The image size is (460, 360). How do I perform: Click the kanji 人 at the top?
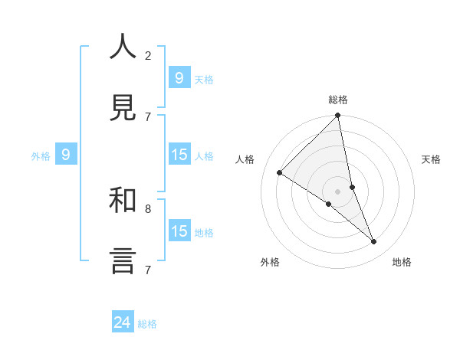[123, 47]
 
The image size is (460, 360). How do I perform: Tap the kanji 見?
[123, 108]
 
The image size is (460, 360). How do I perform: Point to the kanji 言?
[123, 260]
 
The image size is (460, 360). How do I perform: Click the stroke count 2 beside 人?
[148, 55]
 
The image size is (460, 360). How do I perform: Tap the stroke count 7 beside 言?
[148, 270]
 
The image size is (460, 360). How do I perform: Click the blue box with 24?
[123, 322]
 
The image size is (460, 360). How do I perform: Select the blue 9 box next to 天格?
[179, 77]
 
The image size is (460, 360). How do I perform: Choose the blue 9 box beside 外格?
[66, 155]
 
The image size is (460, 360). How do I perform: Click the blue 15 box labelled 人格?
[179, 155]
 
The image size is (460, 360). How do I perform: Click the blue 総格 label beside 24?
[147, 324]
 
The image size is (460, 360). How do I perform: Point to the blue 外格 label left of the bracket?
[41, 156]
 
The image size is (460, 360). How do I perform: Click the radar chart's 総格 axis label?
[338, 100]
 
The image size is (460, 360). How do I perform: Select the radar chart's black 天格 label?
[431, 159]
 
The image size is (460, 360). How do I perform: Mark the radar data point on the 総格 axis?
[338, 116]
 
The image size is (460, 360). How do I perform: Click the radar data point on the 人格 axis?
[280, 173]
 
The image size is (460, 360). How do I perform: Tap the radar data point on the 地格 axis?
[374, 241]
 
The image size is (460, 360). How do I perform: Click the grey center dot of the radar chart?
[338, 191]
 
